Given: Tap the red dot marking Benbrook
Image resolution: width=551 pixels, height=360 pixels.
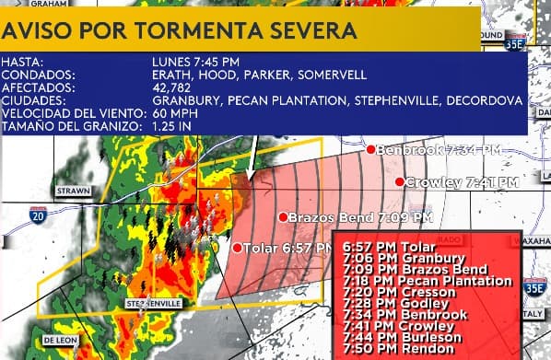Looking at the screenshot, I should click(x=370, y=149).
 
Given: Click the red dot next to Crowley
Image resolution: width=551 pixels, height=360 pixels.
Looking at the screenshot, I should click(x=400, y=181).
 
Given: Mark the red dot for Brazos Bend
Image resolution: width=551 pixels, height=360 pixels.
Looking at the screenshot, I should click(x=283, y=217).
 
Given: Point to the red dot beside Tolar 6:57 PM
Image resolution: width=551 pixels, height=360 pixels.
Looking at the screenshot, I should click(x=237, y=248).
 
